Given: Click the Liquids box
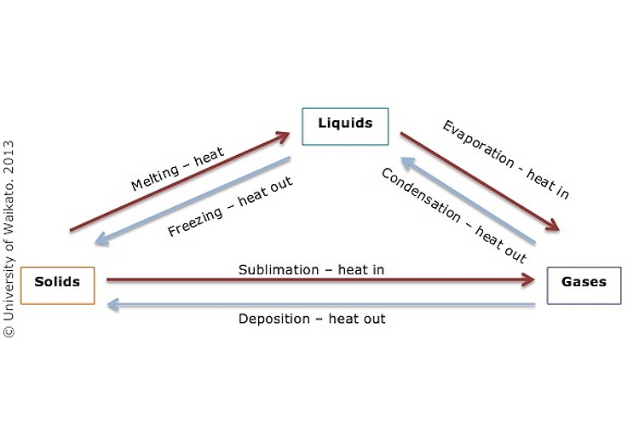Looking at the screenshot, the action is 345,126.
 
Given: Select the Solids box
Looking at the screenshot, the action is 57,285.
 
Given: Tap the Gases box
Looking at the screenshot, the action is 584,285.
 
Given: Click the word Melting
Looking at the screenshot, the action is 155,178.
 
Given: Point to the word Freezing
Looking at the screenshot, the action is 195,222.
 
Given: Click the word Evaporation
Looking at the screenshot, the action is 479,144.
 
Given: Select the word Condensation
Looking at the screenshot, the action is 422,195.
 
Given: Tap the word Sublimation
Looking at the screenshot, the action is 279,270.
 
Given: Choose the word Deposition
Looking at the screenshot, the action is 274,319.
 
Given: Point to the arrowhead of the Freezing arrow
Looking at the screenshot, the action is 102,239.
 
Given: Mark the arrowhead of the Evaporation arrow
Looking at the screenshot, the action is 553,226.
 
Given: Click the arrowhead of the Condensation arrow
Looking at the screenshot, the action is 407,163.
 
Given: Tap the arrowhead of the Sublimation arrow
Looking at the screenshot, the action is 528,279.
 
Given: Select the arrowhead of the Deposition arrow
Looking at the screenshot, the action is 112,304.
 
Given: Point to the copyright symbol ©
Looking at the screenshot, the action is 9,331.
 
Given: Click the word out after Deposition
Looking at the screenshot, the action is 372,319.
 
